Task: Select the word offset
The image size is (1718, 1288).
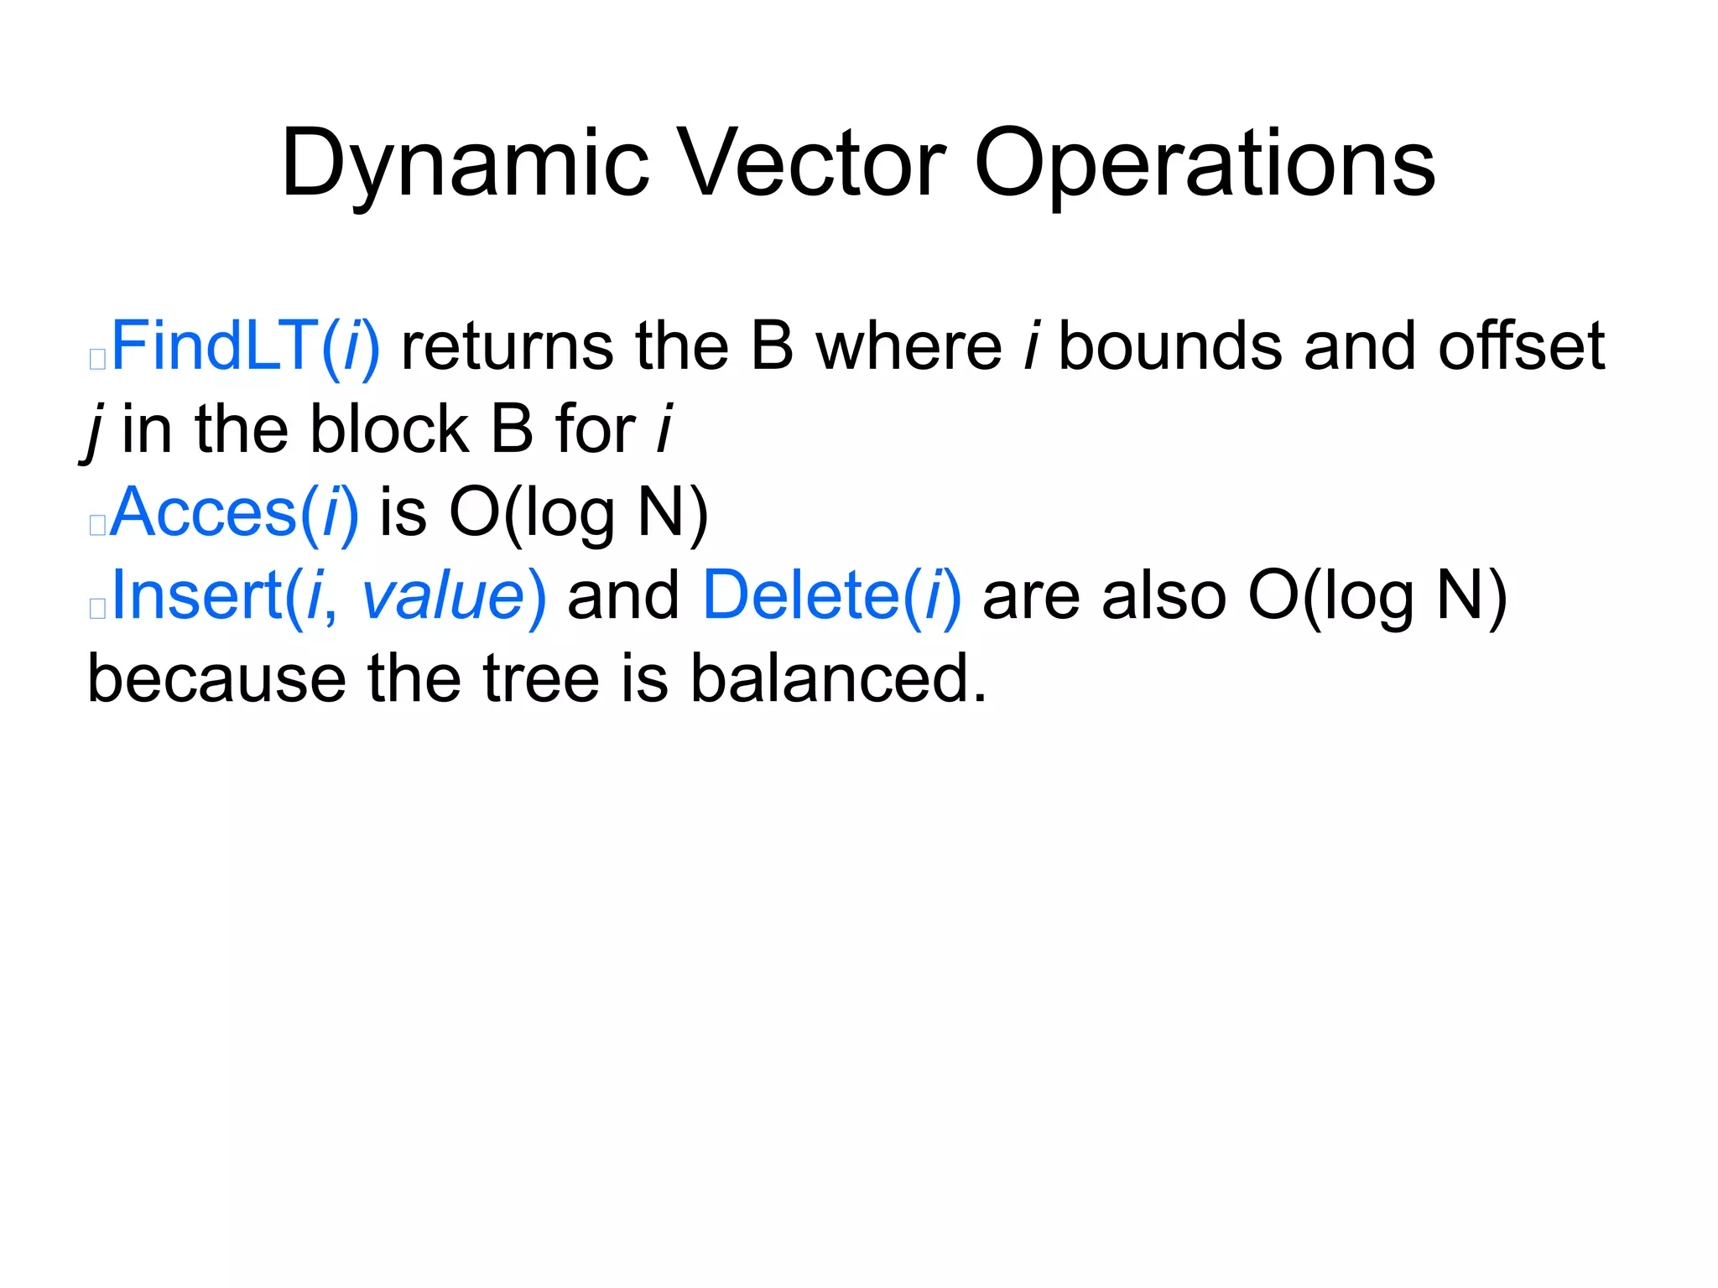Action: click(x=1521, y=346)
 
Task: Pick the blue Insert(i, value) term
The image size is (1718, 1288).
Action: click(x=328, y=595)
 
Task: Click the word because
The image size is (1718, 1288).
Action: click(x=216, y=678)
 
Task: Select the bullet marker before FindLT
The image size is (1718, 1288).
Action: click(x=97, y=359)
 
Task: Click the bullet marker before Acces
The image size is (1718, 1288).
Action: click(x=97, y=525)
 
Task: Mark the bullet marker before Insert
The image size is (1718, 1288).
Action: click(x=97, y=608)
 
